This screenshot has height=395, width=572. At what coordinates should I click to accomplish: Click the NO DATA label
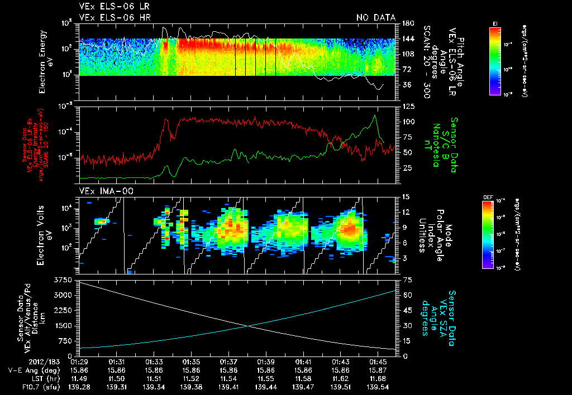tap(375, 17)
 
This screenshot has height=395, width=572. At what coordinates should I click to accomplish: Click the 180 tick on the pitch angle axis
tap(407, 23)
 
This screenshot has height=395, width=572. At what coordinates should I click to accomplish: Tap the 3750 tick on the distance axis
tap(64, 279)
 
